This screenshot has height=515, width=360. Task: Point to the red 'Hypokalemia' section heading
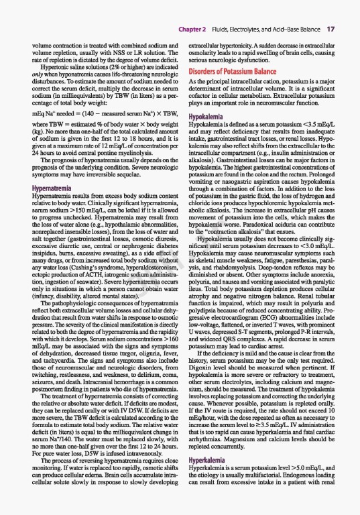click(x=209, y=116)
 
